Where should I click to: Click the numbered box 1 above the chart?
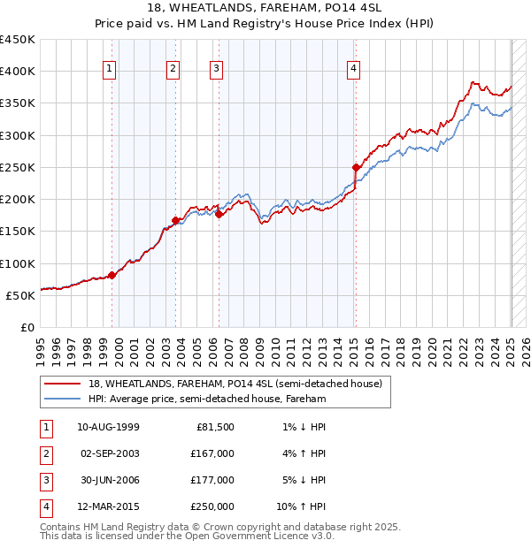(x=109, y=68)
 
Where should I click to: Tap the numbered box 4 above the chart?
(x=353, y=68)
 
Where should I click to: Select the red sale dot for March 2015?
(x=356, y=167)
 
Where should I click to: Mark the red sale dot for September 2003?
(x=176, y=220)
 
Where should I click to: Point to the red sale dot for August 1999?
(x=112, y=275)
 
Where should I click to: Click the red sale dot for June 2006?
(x=219, y=214)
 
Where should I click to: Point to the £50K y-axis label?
(x=20, y=295)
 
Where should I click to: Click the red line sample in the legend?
(x=63, y=384)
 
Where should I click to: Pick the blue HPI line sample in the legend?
(x=63, y=400)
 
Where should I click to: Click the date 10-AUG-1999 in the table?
(x=108, y=427)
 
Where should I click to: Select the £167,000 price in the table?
(x=213, y=453)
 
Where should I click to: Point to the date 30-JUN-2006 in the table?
(x=108, y=480)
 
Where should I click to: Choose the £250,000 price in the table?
(x=213, y=506)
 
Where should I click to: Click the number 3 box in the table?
(x=44, y=480)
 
